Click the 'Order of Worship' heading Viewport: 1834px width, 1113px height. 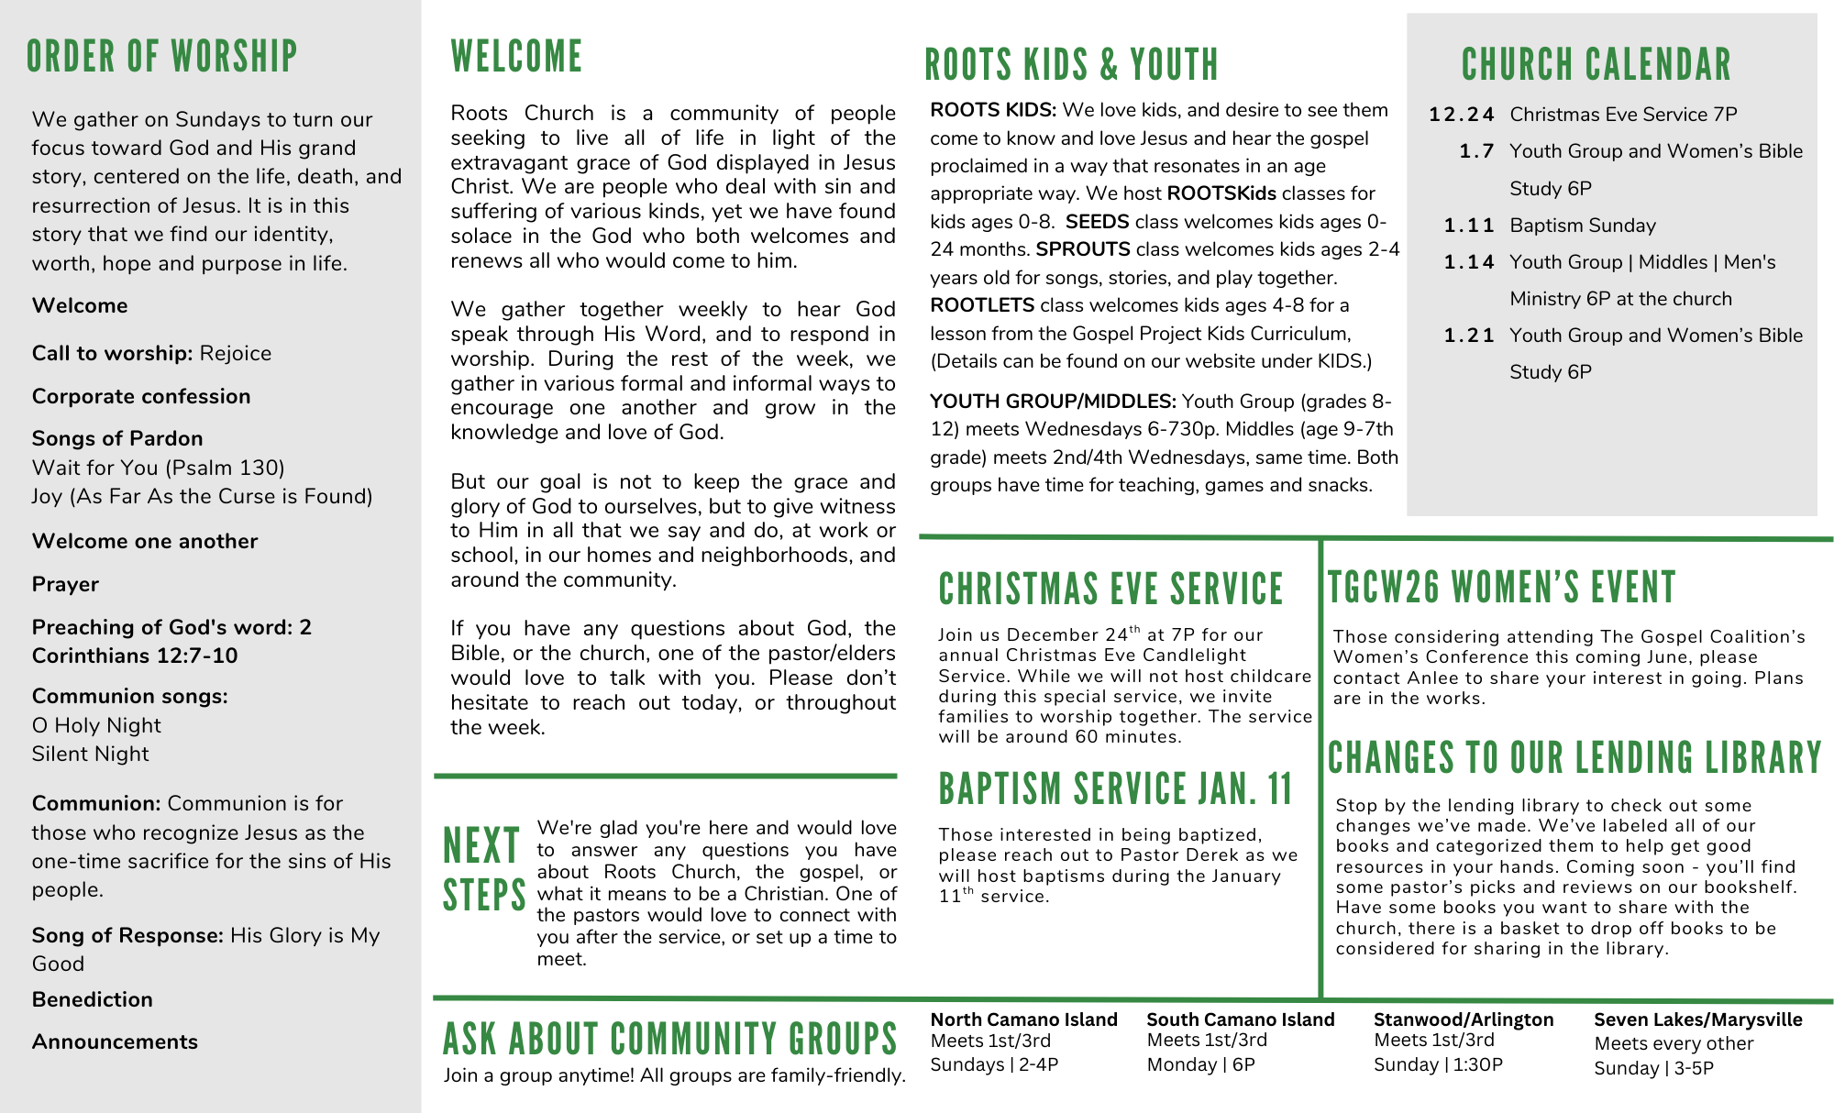point(161,57)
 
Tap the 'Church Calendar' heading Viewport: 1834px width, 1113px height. point(1596,65)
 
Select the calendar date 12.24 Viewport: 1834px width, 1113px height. point(1461,115)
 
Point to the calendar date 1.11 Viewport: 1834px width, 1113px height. point(1468,226)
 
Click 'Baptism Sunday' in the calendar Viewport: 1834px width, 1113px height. point(1583,226)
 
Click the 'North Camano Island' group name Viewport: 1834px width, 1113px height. point(1023,1019)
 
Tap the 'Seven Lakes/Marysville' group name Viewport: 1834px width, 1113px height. point(1697,1019)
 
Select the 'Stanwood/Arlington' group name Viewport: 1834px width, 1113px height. point(1463,1019)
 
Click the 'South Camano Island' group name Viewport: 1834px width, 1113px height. point(1240,1019)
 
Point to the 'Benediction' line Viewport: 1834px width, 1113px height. point(93,999)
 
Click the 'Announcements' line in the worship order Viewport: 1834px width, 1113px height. point(115,1041)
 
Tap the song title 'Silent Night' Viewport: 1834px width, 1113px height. point(90,754)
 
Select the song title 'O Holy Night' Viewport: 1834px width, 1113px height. point(96,725)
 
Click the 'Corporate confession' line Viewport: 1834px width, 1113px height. point(141,396)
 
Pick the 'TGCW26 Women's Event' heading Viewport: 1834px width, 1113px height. point(1501,588)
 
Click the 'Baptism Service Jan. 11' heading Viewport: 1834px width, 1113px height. point(1115,788)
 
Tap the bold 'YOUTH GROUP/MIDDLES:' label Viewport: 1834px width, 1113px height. point(1053,402)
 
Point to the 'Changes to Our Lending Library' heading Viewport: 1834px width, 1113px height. point(1574,758)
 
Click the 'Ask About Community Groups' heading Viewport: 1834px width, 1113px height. point(669,1039)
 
